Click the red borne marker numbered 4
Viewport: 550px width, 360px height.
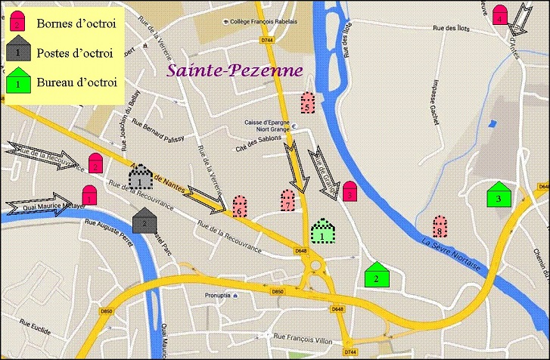[x=499, y=14]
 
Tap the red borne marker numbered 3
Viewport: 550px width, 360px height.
[x=350, y=191]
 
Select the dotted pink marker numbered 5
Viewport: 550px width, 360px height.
[x=307, y=103]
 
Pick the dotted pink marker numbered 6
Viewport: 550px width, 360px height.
[x=239, y=206]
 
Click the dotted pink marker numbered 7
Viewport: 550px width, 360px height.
[x=287, y=200]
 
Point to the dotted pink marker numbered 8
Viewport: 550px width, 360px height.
[x=439, y=226]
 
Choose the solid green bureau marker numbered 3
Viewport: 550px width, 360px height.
[x=498, y=195]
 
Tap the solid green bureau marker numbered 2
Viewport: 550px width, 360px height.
[x=376, y=275]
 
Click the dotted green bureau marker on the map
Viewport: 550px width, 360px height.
[x=323, y=231]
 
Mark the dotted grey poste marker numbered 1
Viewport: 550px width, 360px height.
[x=141, y=178]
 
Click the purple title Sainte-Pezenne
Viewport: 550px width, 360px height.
[x=235, y=70]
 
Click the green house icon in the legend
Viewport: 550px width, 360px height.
[x=18, y=80]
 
